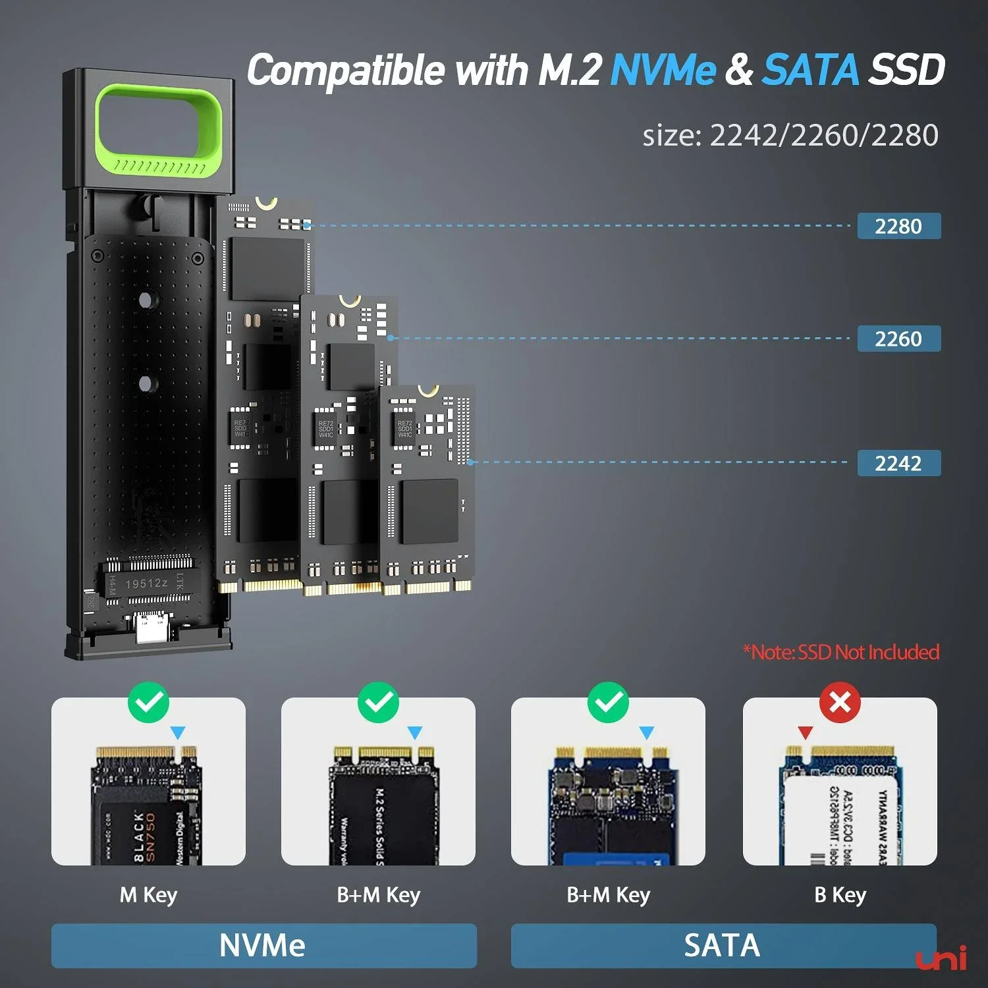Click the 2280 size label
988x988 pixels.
pyautogui.click(x=898, y=226)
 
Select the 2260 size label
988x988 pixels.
pyautogui.click(x=898, y=339)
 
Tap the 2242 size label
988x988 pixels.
pyautogui.click(x=898, y=463)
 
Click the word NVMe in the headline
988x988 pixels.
pyautogui.click(x=663, y=70)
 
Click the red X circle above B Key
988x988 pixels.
pyautogui.click(x=840, y=703)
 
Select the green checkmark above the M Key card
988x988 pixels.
pyautogui.click(x=149, y=703)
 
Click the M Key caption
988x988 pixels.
pyautogui.click(x=148, y=895)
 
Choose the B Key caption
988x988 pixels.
pyautogui.click(x=840, y=895)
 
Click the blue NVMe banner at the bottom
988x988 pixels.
pyautogui.click(x=263, y=945)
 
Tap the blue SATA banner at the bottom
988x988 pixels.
pyautogui.click(x=723, y=945)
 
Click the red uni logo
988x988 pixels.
pyautogui.click(x=941, y=959)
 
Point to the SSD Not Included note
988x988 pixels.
pyautogui.click(x=841, y=652)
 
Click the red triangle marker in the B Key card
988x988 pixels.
pyautogui.click(x=805, y=732)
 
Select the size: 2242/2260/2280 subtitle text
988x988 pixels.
pyautogui.click(x=790, y=136)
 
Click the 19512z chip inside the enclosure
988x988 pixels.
pyautogui.click(x=146, y=584)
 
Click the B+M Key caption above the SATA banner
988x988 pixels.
pyautogui.click(x=608, y=895)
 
